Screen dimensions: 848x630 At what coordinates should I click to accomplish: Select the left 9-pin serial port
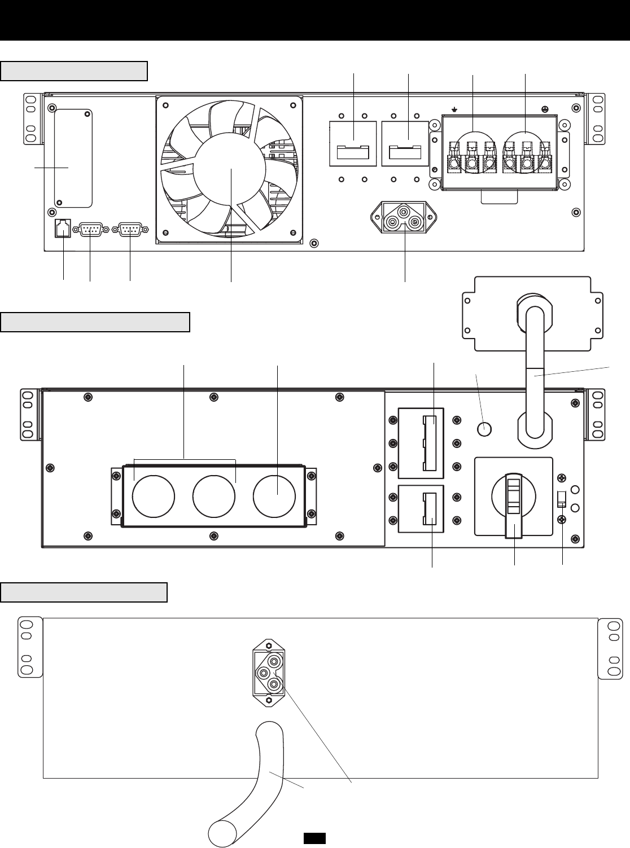[90, 230]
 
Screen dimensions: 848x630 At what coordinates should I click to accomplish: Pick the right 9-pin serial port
[130, 230]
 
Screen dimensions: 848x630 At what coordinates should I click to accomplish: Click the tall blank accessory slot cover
[73, 158]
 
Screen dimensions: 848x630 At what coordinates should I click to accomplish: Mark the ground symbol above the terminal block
[454, 110]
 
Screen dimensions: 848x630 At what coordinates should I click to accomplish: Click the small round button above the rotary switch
[483, 429]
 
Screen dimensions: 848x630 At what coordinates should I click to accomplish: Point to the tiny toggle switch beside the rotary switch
[562, 499]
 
